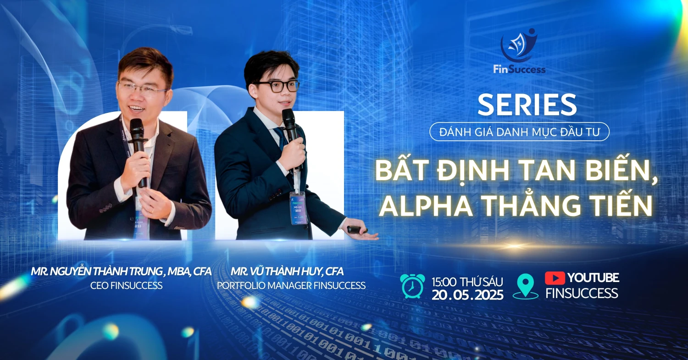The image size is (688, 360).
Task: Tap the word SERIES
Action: click(527, 105)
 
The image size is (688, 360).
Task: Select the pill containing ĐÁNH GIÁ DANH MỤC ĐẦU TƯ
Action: click(519, 132)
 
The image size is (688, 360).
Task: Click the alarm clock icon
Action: click(412, 286)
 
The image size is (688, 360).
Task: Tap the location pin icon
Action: click(526, 286)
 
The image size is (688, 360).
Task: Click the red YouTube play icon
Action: click(555, 278)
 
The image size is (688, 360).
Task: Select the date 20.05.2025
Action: click(467, 294)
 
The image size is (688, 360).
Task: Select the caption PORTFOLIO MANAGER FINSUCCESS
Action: click(291, 286)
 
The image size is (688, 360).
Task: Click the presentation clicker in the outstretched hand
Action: click(355, 229)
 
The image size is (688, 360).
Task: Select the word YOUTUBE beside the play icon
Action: click(593, 277)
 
